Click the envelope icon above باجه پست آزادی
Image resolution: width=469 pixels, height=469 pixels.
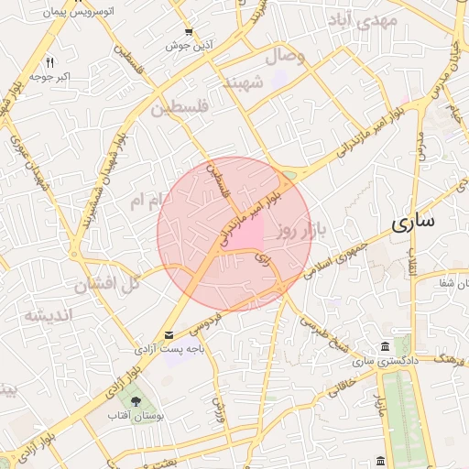pyautogui.click(x=169, y=335)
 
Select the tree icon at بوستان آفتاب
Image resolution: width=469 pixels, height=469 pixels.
pyautogui.click(x=136, y=401)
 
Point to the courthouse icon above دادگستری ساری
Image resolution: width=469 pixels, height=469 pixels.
pyautogui.click(x=384, y=347)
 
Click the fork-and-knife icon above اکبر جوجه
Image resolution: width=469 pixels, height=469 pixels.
pyautogui.click(x=50, y=63)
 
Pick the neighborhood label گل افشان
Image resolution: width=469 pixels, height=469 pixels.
pyautogui.click(x=107, y=283)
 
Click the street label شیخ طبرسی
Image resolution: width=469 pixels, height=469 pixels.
pyautogui.click(x=325, y=334)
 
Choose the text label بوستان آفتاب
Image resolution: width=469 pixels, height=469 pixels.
pyautogui.click(x=136, y=418)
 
